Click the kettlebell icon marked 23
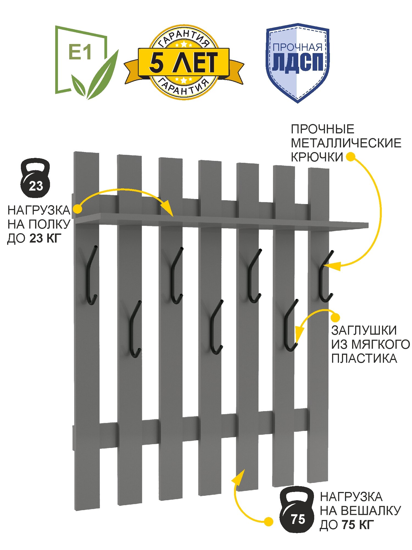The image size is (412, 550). tap(35, 178)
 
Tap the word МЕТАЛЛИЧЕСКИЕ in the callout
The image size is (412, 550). tap(346, 143)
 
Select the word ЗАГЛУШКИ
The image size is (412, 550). tap(364, 330)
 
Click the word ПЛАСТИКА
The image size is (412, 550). tap(364, 359)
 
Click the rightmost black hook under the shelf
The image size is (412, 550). tap(325, 276)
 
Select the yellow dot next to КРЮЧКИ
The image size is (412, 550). tap(350, 157)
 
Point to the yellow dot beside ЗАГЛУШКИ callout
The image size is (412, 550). tap(335, 318)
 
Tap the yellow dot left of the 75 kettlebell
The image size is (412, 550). tap(268, 521)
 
